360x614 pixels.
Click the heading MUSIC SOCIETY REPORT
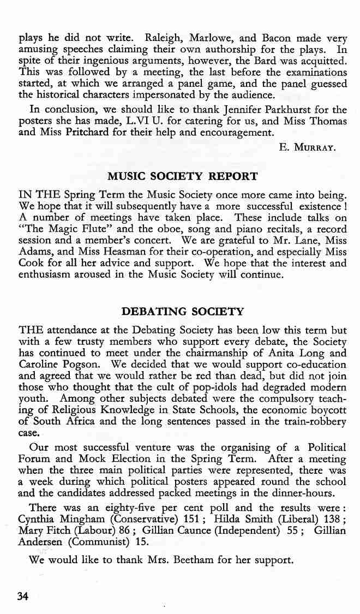(183, 177)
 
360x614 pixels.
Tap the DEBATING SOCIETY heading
(182, 312)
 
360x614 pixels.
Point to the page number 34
(23, 596)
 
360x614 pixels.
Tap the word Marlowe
(212, 38)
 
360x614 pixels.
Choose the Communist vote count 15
(141, 541)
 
